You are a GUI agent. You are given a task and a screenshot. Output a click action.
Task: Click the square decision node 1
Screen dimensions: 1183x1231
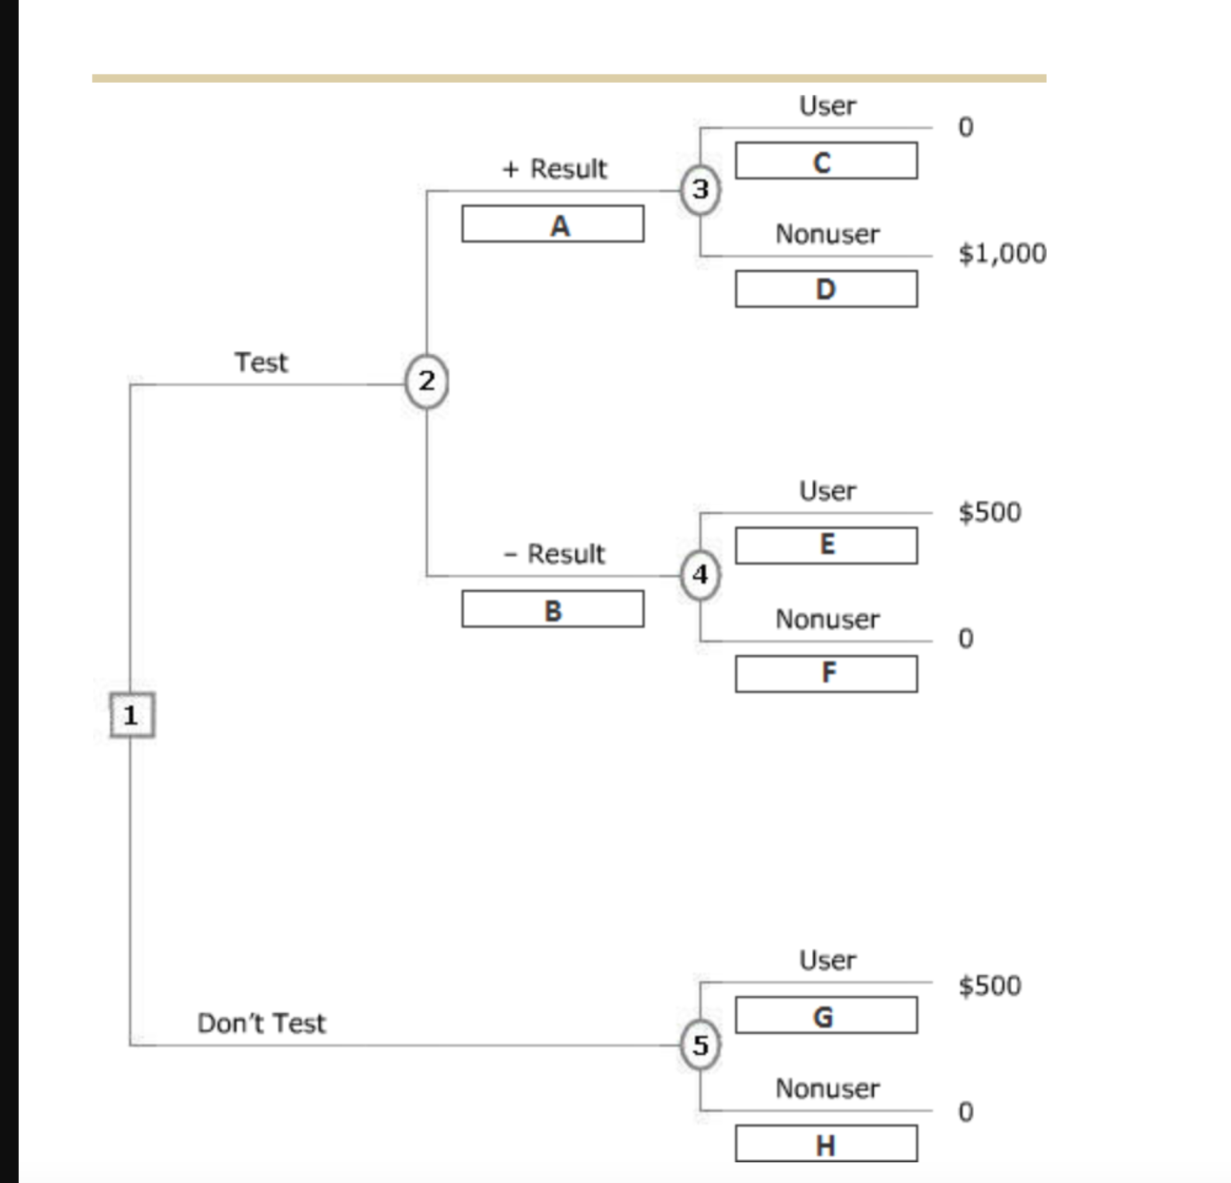132,715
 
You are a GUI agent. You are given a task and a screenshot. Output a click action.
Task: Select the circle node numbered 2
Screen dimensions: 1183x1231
426,381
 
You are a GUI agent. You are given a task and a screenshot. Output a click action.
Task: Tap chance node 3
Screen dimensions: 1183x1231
700,189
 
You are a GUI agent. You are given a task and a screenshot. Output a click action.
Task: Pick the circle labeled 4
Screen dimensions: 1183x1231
700,575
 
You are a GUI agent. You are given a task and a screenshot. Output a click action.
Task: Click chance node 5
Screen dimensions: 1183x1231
700,1045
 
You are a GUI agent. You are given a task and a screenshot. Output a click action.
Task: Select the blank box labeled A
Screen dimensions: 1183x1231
553,224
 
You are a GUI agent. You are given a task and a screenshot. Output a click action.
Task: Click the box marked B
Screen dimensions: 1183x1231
553,609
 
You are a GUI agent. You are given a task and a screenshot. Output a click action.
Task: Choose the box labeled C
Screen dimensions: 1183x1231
826,161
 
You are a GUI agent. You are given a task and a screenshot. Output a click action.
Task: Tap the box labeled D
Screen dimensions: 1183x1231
826,290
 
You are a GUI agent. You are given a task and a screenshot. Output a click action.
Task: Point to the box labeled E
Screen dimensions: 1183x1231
826,546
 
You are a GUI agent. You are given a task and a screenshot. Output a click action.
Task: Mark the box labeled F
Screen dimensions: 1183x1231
826,674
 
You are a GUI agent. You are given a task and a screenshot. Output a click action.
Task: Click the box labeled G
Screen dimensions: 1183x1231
826,1015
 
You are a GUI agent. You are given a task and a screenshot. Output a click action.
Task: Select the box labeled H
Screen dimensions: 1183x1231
826,1143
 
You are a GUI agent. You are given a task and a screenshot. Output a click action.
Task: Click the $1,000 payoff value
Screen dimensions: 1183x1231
1002,253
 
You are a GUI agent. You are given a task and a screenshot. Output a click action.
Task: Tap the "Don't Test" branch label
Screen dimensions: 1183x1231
262,1023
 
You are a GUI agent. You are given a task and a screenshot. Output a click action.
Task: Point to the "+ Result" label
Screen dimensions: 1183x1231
555,168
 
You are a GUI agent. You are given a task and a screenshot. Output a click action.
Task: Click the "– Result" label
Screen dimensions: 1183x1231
554,554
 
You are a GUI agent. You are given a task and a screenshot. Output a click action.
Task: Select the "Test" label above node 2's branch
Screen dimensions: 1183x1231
261,363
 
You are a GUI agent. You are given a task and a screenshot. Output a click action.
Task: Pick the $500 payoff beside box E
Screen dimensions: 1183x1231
990,512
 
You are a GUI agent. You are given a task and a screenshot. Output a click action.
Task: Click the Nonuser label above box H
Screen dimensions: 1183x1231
827,1088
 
